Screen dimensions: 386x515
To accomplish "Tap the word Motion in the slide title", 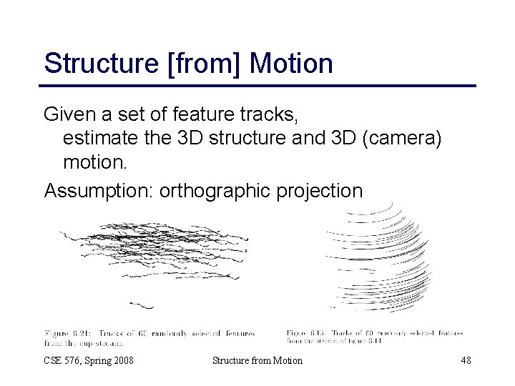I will [291, 64].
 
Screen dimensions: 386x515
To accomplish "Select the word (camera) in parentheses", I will [402, 139].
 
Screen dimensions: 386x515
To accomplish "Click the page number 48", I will [465, 360].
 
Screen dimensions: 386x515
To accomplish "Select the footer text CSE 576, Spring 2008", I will [89, 360].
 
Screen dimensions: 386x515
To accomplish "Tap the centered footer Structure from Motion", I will [257, 360].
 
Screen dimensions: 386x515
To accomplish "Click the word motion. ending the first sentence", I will [95, 163].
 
